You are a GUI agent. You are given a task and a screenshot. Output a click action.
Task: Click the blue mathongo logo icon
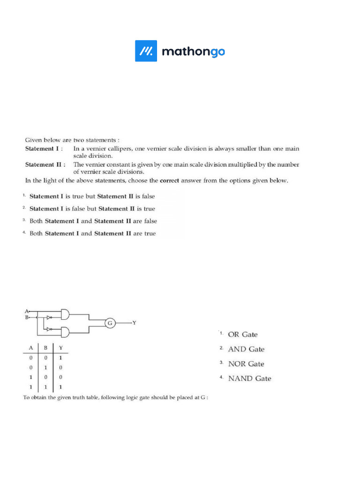pyautogui.click(x=146, y=51)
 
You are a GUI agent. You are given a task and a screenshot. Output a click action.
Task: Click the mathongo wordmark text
pyautogui.click(x=193, y=52)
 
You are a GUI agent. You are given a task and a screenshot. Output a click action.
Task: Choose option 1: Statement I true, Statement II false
pyautogui.click(x=92, y=196)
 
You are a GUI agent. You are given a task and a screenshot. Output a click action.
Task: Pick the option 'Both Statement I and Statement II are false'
pyautogui.click(x=93, y=221)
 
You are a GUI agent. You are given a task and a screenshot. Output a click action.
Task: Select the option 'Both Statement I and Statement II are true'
pyautogui.click(x=92, y=233)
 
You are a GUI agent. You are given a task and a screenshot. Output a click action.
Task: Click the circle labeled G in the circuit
pyautogui.click(x=109, y=323)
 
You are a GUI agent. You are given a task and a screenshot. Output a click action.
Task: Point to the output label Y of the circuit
pyautogui.click(x=135, y=323)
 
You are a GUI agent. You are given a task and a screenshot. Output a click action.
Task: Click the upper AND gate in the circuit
pyautogui.click(x=65, y=314)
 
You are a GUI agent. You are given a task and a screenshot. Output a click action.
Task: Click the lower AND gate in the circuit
pyautogui.click(x=65, y=332)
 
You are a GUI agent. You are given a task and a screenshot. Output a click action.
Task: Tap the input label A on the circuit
pyautogui.click(x=26, y=311)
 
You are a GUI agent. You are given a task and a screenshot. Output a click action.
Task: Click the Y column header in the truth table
pyautogui.click(x=60, y=348)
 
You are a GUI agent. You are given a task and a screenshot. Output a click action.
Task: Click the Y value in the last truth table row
pyautogui.click(x=60, y=388)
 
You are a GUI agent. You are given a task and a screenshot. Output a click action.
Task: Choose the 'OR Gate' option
pyautogui.click(x=242, y=335)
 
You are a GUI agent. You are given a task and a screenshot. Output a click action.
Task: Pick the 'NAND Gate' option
pyautogui.click(x=249, y=378)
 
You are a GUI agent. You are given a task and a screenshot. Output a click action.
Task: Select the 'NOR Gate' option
pyautogui.click(x=246, y=364)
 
